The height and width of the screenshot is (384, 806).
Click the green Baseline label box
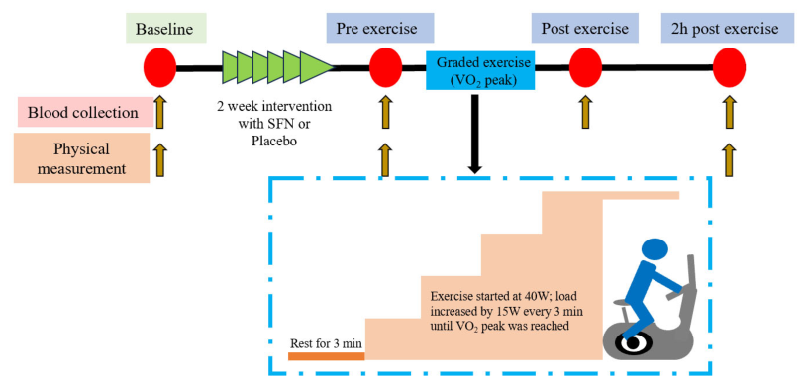pos(164,28)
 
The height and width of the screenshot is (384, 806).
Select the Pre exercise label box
pos(380,28)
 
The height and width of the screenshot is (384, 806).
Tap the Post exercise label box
pos(585,28)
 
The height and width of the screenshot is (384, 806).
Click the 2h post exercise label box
pos(727,28)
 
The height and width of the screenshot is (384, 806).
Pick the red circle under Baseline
pos(159,68)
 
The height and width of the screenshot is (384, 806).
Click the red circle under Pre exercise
pos(385,68)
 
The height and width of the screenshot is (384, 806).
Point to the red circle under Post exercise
pos(585,68)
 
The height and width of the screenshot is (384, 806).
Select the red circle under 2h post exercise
pos(729,68)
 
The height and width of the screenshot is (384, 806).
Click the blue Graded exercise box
pos(481,70)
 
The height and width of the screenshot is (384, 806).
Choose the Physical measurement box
pos(82,157)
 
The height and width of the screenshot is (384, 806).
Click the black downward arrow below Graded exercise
pos(475,135)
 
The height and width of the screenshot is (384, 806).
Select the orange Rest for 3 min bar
pos(327,356)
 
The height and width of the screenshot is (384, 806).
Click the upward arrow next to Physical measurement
pos(160,160)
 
